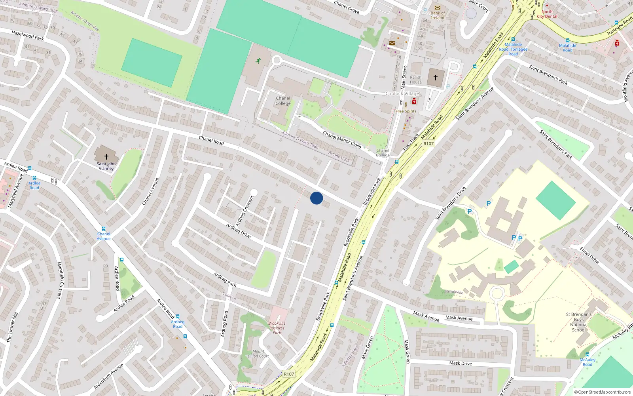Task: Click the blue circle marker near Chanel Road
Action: click(x=316, y=198)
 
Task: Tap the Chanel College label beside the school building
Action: click(x=283, y=101)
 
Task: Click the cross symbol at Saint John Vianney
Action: click(x=106, y=157)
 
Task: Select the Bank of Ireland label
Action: click(x=438, y=15)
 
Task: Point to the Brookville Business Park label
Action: click(x=277, y=328)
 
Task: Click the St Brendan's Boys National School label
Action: click(x=579, y=322)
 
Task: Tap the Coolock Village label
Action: click(x=402, y=93)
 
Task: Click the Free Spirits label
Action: click(x=406, y=111)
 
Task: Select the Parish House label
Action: click(x=416, y=80)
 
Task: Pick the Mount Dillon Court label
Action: click(x=258, y=354)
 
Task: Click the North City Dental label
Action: click(x=547, y=14)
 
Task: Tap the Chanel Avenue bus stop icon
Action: click(x=104, y=229)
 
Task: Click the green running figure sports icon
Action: click(x=258, y=61)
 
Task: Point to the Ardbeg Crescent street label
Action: click(x=244, y=211)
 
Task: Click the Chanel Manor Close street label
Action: click(x=342, y=139)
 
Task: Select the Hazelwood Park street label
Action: click(x=28, y=36)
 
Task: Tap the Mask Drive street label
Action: click(x=461, y=363)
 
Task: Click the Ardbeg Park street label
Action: click(x=225, y=279)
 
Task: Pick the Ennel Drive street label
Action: click(x=589, y=255)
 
